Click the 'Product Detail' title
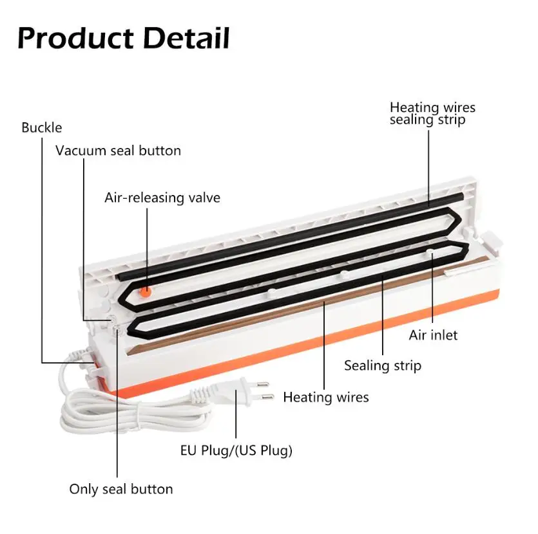tap(124, 38)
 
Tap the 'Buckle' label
tap(42, 127)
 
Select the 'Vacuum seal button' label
tap(118, 151)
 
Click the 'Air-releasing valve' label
tap(162, 198)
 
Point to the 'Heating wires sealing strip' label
tap(432, 113)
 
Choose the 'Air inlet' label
tap(433, 335)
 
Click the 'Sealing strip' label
tap(382, 365)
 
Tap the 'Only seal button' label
tap(121, 489)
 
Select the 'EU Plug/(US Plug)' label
tap(236, 450)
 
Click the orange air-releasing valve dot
tap(148, 291)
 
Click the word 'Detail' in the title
tap(186, 38)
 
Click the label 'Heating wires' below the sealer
tap(326, 397)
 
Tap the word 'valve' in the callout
tap(200, 198)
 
